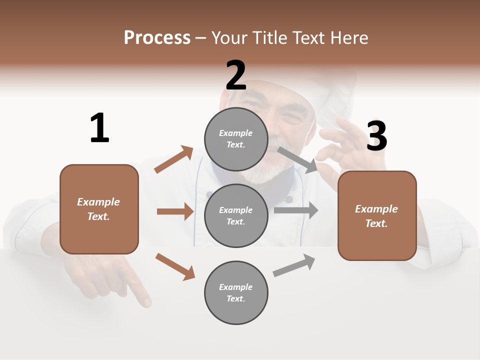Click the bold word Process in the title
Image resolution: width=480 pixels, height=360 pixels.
(x=157, y=38)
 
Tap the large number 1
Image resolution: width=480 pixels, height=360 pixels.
(x=99, y=128)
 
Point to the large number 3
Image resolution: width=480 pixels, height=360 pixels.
(x=376, y=136)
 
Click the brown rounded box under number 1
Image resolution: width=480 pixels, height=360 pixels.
(x=99, y=209)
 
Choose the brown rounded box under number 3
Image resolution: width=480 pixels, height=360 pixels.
(x=377, y=215)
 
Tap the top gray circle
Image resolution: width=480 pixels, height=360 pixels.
(x=236, y=139)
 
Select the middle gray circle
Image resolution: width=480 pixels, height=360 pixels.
(x=236, y=215)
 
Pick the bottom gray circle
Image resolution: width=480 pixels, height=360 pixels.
(x=236, y=292)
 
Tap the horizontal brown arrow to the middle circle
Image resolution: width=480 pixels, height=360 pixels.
(x=175, y=211)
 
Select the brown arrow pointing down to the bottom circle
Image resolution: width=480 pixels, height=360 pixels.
(x=175, y=266)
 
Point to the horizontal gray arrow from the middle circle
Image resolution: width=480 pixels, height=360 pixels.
(x=296, y=210)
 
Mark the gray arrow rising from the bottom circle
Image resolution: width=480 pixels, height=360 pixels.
(x=294, y=265)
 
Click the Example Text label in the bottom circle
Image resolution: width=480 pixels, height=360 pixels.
(x=236, y=293)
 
